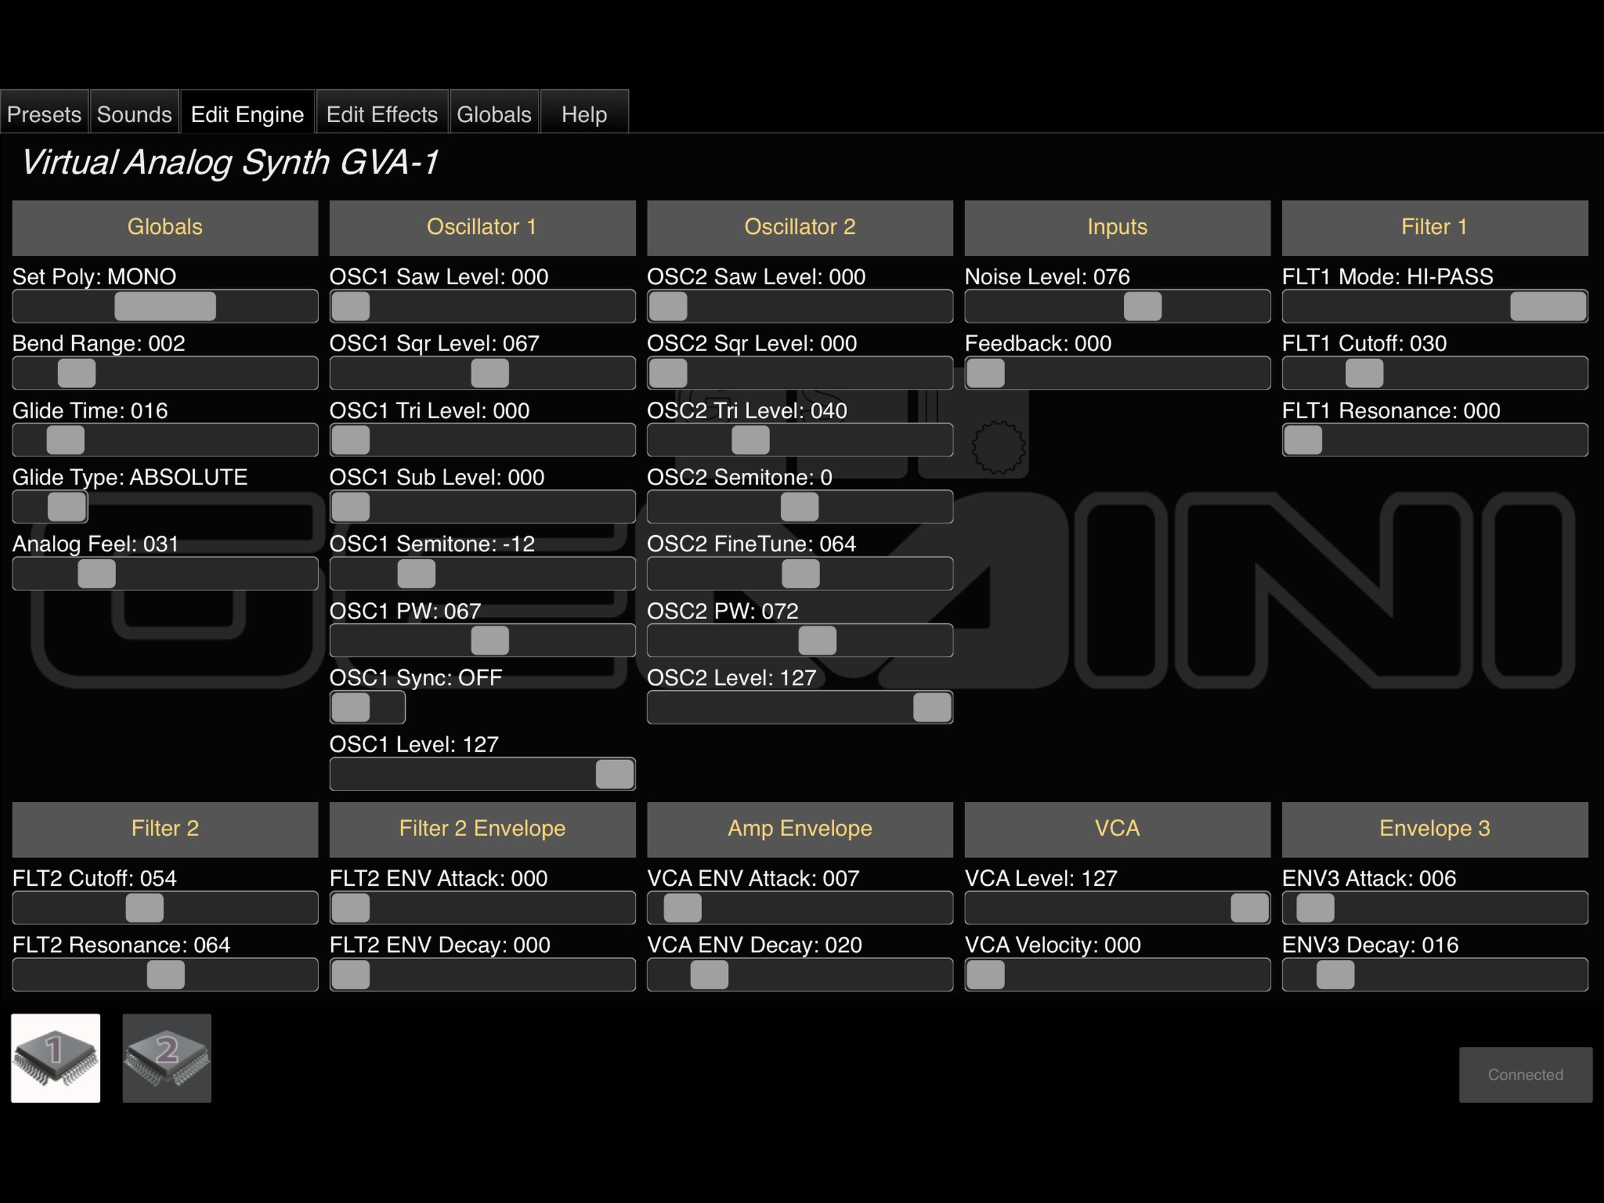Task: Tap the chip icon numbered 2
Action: tap(167, 1058)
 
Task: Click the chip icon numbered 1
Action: tap(56, 1058)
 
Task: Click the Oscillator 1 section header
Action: tap(482, 228)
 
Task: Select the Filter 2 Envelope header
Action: tap(482, 829)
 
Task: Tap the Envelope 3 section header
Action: tap(1435, 829)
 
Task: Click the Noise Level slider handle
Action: tap(1143, 306)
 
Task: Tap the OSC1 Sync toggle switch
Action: tap(368, 707)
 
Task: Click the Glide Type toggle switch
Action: tap(50, 506)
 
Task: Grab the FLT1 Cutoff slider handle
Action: tap(1364, 374)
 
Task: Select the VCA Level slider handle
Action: tap(1250, 908)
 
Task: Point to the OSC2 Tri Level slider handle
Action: tap(750, 440)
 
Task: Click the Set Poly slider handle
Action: tap(166, 306)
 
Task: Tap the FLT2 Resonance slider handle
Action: tap(166, 975)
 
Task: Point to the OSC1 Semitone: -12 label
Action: tap(432, 544)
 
